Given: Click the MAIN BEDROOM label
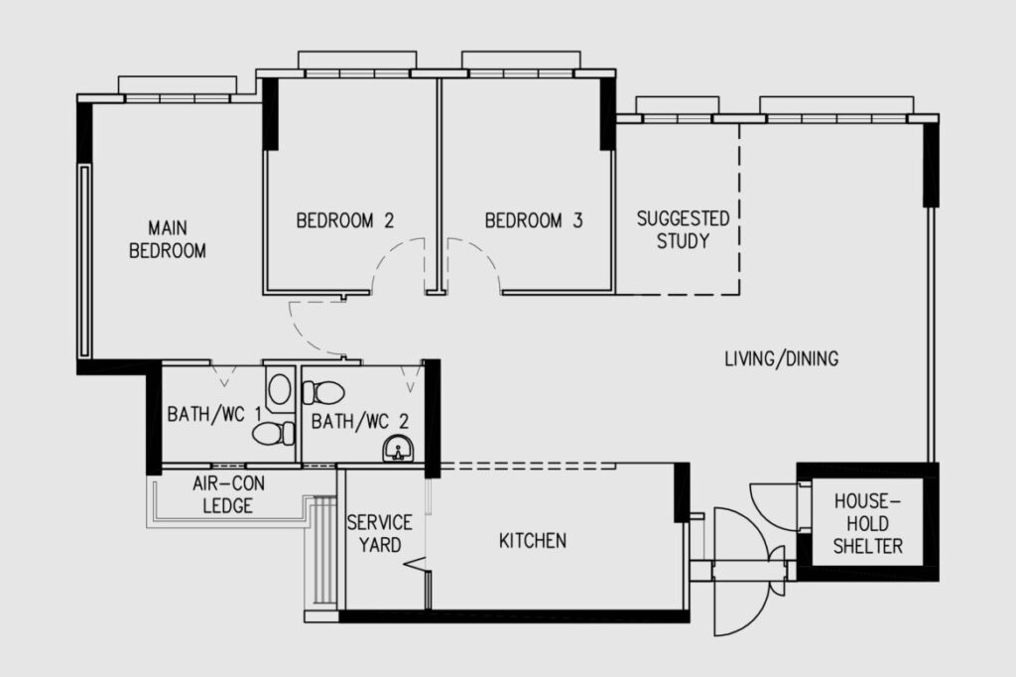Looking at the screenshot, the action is [x=167, y=239].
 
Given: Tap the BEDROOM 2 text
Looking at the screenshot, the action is [x=344, y=220].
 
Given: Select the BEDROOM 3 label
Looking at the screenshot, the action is [x=533, y=220].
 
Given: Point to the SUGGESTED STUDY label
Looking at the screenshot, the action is [x=683, y=229].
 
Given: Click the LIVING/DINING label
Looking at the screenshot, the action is [x=782, y=358].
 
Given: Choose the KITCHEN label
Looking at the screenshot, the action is [x=533, y=540].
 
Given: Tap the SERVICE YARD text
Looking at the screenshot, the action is [x=380, y=533].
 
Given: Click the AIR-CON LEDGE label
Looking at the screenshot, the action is [x=228, y=494].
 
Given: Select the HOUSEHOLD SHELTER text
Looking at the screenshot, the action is [x=867, y=523].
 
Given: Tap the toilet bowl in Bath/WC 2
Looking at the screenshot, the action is [x=323, y=392].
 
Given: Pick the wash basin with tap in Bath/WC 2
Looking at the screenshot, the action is [x=398, y=449].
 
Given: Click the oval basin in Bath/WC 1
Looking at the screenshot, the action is [x=279, y=389].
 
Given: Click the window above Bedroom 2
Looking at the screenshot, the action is [x=357, y=73].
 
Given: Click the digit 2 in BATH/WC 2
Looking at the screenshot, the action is [x=404, y=422].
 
